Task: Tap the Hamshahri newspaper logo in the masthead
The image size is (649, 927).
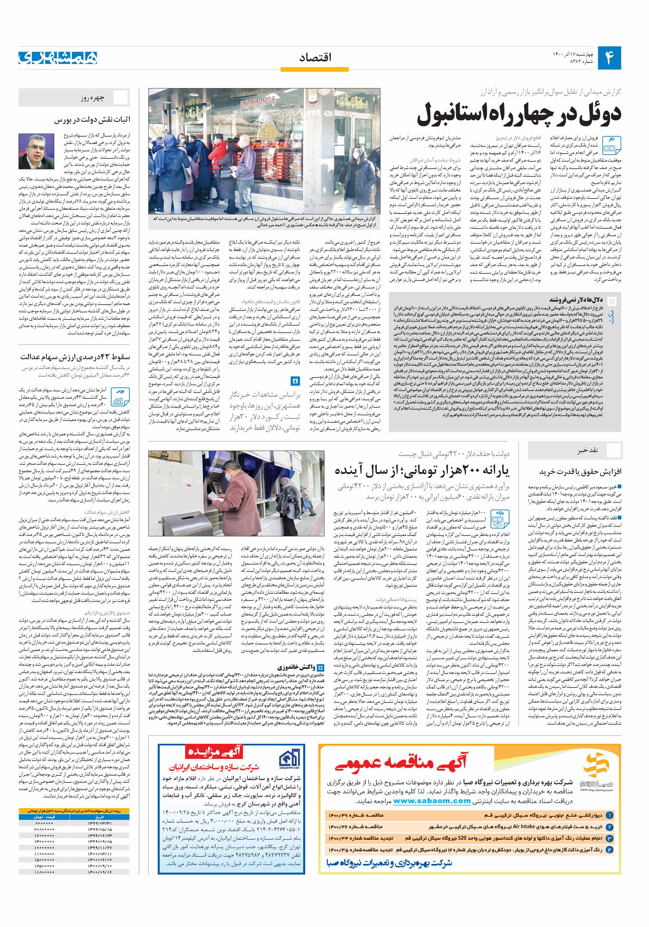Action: [x=58, y=58]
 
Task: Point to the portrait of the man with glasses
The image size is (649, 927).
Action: [x=36, y=151]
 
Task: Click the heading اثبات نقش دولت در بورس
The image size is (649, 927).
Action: [x=92, y=120]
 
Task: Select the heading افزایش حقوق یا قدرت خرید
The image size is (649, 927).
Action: [x=580, y=472]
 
